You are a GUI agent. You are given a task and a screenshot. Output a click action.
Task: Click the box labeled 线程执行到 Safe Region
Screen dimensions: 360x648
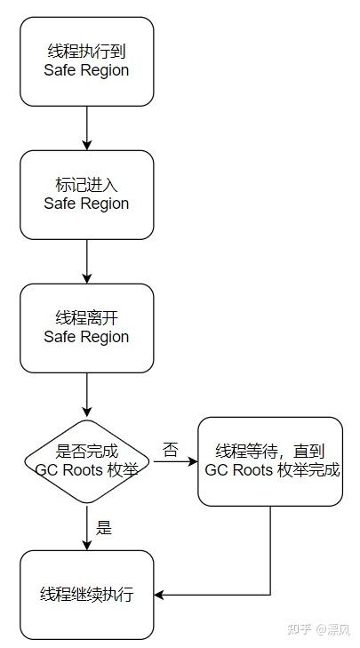pos(87,61)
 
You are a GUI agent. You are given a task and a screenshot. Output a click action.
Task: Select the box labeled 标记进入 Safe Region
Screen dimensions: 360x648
pos(87,195)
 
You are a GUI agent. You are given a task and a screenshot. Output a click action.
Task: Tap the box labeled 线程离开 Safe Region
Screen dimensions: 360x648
pos(87,328)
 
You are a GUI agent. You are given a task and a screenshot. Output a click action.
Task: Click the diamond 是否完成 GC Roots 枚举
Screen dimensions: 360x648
pos(87,461)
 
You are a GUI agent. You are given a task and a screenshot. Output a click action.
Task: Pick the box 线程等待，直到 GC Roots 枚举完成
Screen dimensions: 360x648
pos(270,461)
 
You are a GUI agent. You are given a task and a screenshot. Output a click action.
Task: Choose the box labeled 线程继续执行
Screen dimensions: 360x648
pos(87,595)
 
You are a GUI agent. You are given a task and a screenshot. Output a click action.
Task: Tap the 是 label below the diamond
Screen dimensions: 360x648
pos(104,528)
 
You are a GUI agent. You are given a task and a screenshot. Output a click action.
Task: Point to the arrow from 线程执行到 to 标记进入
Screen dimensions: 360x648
pos(87,128)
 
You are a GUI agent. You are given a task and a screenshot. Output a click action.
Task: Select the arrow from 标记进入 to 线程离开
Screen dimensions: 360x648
pos(87,261)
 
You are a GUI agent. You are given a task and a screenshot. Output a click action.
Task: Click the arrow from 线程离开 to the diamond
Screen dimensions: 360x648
pos(87,395)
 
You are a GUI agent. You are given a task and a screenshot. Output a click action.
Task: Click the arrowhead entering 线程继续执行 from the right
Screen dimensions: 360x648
pos(159,595)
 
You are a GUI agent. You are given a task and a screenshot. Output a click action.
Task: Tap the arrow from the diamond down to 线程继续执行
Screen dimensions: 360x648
pos(87,527)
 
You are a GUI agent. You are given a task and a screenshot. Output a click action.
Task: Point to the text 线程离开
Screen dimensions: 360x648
pos(87,318)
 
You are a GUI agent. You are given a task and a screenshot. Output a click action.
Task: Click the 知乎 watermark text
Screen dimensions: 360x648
pos(300,629)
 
